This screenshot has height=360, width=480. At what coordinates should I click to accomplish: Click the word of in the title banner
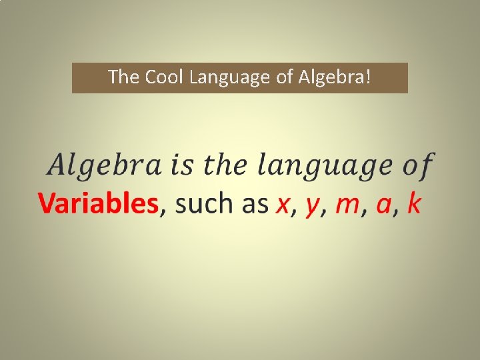click(x=285, y=77)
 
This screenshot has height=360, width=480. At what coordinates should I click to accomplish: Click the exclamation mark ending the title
click(x=369, y=77)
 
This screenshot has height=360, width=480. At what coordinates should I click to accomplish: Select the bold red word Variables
click(x=98, y=203)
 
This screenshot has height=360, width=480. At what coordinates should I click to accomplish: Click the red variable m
click(x=347, y=205)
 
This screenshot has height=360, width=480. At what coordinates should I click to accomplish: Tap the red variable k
click(x=413, y=203)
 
